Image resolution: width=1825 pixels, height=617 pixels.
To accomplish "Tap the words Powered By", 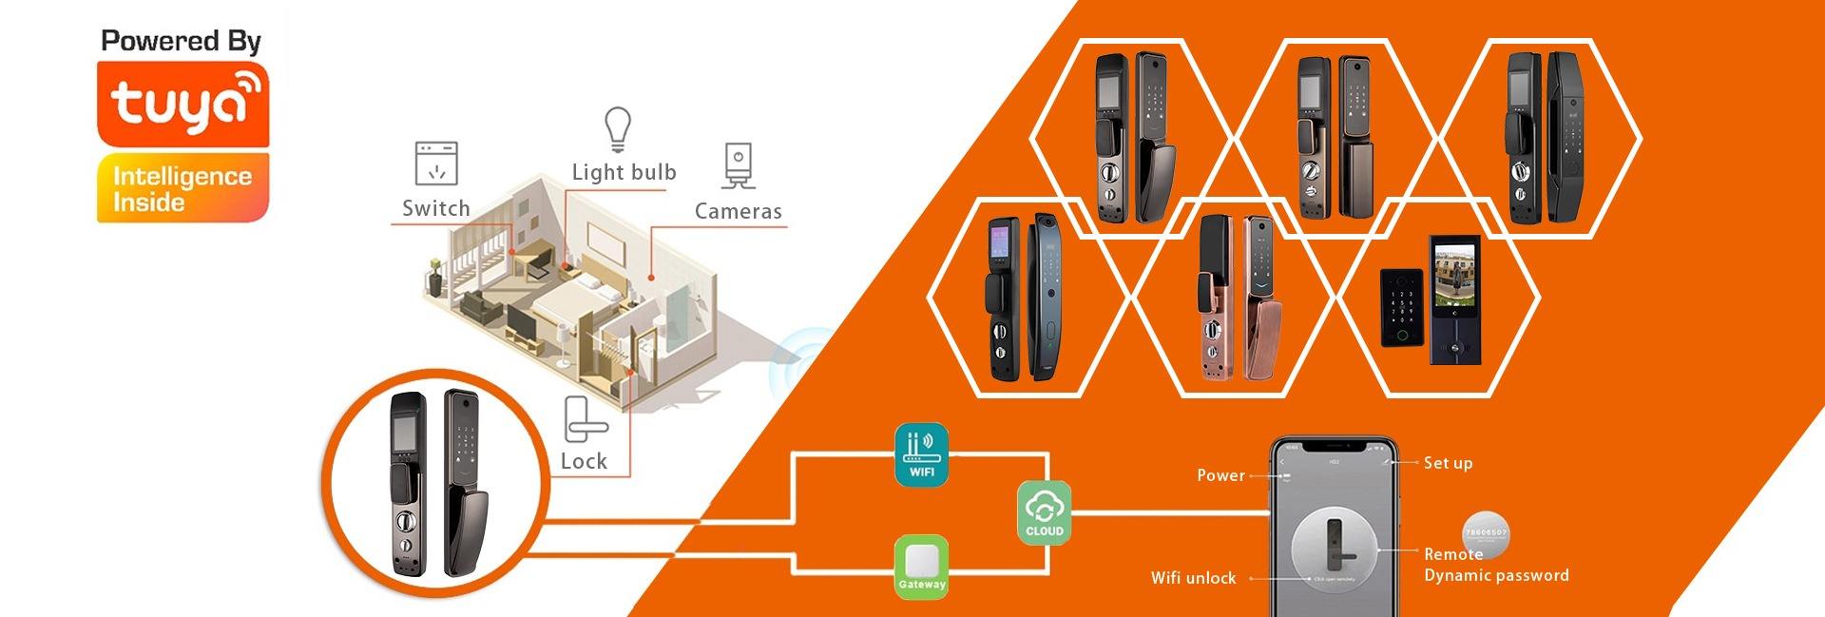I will pos(181,41).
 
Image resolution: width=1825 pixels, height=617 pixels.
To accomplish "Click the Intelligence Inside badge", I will pos(182,188).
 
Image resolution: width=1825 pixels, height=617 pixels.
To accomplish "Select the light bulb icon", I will pos(618,129).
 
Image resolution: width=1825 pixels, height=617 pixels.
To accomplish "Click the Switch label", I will pos(435,208).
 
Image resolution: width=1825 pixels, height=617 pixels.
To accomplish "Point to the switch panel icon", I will pos(436,164).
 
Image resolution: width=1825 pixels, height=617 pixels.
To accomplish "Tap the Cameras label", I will pos(738,211).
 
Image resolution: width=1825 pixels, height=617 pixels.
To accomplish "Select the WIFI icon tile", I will pos(921,454).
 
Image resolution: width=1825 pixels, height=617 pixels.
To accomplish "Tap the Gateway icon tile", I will pos(921,567).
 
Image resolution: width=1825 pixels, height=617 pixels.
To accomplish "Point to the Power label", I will pos(1220,475).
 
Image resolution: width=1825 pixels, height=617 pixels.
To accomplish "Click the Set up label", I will pos(1448,463).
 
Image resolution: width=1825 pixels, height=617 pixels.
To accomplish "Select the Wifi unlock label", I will pos(1193,578).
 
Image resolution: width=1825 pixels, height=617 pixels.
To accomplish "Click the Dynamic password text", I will pos(1496,575).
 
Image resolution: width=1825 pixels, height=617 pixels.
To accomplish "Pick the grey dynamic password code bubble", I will pos(1485,534).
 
